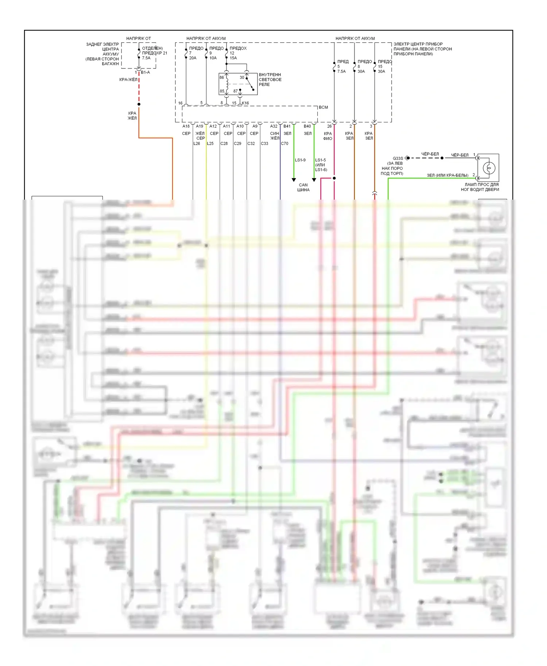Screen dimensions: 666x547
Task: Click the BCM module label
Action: (x=323, y=107)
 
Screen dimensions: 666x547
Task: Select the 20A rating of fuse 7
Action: (x=193, y=58)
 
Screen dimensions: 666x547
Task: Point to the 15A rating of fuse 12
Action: (x=233, y=58)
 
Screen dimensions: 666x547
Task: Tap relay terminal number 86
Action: (x=222, y=78)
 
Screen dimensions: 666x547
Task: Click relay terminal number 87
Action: (x=236, y=91)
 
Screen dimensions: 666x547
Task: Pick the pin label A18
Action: (x=186, y=126)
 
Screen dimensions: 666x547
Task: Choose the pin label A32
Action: (x=273, y=126)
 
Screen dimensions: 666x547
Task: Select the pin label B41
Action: (x=287, y=126)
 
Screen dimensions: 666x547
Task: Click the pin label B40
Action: (x=307, y=126)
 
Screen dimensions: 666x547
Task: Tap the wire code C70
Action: (x=284, y=144)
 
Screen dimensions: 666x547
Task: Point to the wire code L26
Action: (x=197, y=144)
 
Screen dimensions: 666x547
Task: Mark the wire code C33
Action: (x=264, y=144)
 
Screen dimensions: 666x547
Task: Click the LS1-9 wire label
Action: (x=300, y=160)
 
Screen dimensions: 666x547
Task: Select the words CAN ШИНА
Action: (x=303, y=187)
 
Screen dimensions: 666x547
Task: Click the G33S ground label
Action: (x=398, y=158)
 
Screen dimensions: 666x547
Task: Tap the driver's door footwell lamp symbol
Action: (x=489, y=168)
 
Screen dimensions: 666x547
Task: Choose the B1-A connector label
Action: (x=145, y=73)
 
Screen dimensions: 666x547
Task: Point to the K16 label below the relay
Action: (x=245, y=103)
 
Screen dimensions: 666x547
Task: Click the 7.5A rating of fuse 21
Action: (x=146, y=58)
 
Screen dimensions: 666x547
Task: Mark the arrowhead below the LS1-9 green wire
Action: (x=294, y=180)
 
